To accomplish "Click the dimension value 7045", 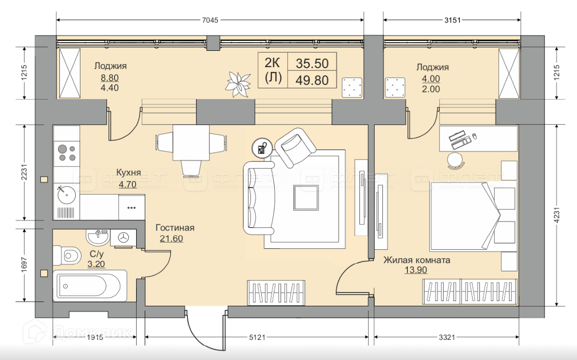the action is pyautogui.click(x=210, y=20).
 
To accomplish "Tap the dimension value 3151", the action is pyautogui.click(x=452, y=20).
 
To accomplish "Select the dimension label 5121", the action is pyautogui.click(x=257, y=337).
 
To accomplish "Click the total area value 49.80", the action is pyautogui.click(x=312, y=80).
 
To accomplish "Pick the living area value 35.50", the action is pyautogui.click(x=312, y=63).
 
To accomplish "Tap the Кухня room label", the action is pyautogui.click(x=128, y=173).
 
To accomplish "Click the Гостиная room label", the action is pyautogui.click(x=175, y=228).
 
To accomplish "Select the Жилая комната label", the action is pyautogui.click(x=416, y=261).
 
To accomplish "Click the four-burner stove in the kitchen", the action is pyautogui.click(x=67, y=152).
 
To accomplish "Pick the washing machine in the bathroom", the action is pyautogui.click(x=124, y=237).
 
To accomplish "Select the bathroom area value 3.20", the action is pyautogui.click(x=96, y=263).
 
